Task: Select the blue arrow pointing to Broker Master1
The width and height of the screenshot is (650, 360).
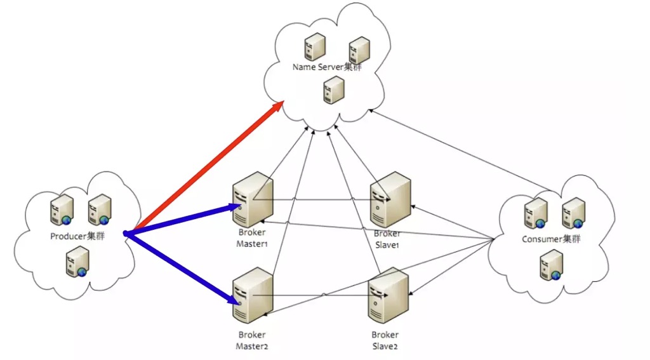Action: [x=184, y=219]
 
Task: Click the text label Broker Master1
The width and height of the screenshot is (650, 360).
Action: [x=251, y=238]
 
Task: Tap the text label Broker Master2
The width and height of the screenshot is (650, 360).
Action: [x=251, y=340]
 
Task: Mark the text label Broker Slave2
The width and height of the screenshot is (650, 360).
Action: [x=385, y=340]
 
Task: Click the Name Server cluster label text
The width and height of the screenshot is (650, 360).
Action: [x=327, y=67]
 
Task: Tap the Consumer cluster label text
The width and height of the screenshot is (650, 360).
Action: [x=551, y=239]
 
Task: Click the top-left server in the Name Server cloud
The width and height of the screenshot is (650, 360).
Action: [x=314, y=46]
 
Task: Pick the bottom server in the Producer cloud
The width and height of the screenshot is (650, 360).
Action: [x=77, y=262]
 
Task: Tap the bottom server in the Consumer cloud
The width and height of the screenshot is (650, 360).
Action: [x=551, y=265]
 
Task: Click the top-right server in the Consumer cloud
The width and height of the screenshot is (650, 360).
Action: [x=573, y=212]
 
